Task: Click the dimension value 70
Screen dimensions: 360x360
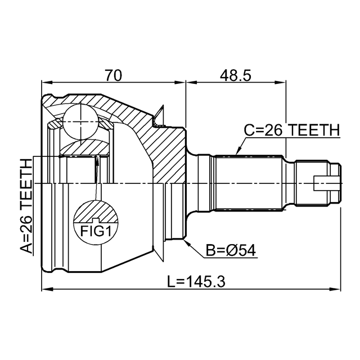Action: tap(114, 75)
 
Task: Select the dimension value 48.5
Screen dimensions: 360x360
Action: tap(236, 75)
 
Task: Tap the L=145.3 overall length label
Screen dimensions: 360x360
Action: tap(196, 282)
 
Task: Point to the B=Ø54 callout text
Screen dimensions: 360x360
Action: tap(231, 250)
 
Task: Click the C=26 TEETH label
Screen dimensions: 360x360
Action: tap(291, 130)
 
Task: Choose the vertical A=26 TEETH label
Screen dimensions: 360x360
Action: tap(26, 206)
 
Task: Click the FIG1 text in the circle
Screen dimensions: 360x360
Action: tap(96, 231)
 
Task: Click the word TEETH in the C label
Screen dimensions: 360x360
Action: tap(314, 130)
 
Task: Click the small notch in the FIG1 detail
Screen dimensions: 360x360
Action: tap(96, 220)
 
